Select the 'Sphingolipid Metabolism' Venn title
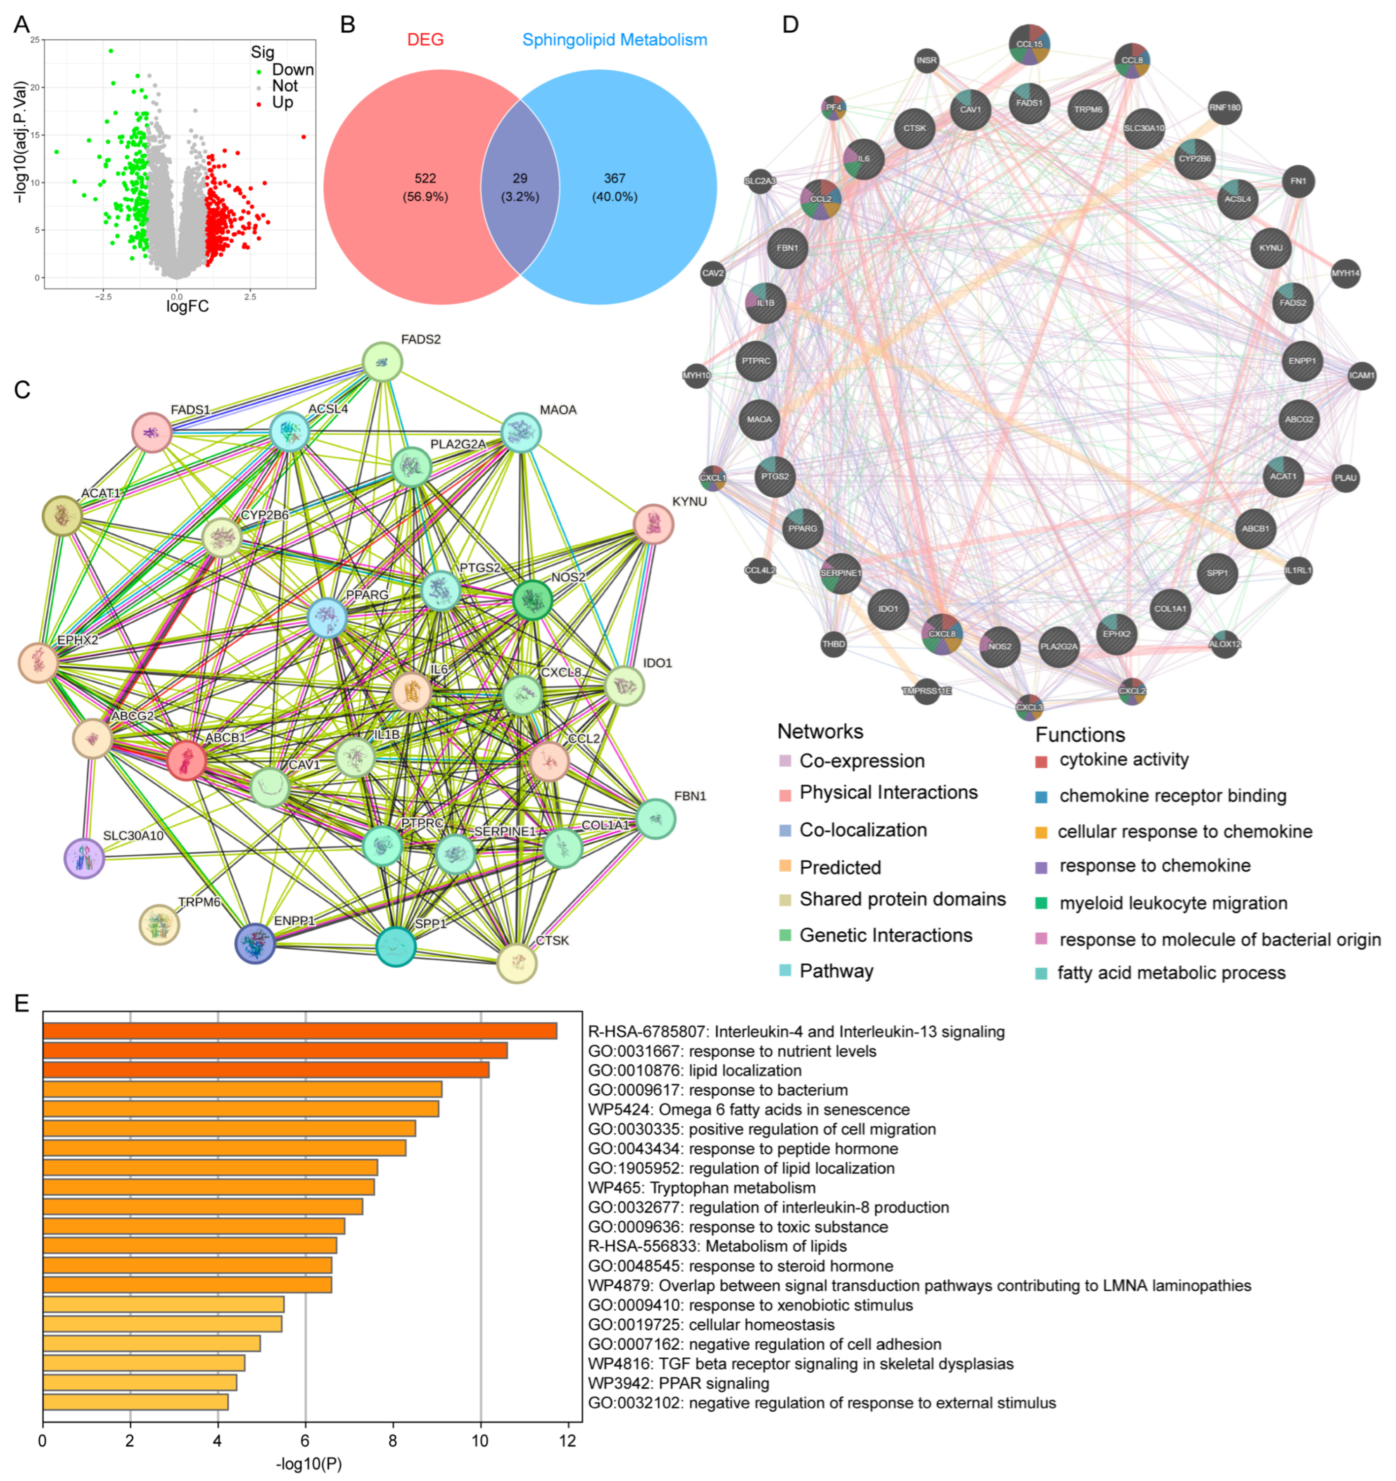pos(615,40)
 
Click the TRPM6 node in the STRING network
pos(160,924)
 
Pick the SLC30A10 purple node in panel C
pos(84,858)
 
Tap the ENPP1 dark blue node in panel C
pos(255,943)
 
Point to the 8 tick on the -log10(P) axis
pos(393,1441)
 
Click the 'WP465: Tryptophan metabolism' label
pos(702,1187)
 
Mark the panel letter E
pos(22,1003)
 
